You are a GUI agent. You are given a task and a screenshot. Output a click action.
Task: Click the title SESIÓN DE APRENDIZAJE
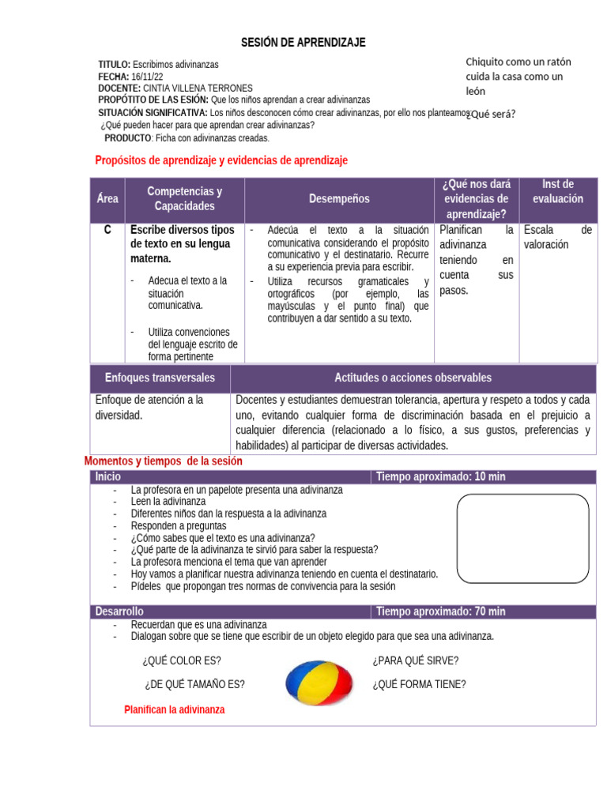[x=303, y=42]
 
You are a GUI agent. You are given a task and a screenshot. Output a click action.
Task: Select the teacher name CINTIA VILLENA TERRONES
[x=198, y=88]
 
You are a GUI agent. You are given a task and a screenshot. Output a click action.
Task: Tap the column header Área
[x=107, y=199]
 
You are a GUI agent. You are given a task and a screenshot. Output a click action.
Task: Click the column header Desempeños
[x=339, y=199]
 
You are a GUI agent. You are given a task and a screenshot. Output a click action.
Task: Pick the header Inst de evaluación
[x=558, y=191]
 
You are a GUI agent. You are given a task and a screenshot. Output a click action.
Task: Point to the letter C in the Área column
[x=107, y=230]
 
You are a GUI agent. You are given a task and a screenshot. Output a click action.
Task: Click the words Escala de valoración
[x=557, y=237]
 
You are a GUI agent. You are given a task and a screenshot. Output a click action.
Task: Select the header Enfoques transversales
[x=160, y=378]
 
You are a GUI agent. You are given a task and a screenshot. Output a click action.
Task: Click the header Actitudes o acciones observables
[x=413, y=378]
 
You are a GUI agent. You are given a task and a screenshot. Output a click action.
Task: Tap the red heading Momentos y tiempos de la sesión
[x=163, y=461]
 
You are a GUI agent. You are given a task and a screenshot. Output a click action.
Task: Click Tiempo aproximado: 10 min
[x=441, y=476]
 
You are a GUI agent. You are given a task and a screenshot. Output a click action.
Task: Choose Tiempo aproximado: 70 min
[x=441, y=611]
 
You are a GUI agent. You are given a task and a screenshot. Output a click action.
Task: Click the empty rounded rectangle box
[x=523, y=538]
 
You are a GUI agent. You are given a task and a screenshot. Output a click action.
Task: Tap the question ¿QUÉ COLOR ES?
[x=182, y=660]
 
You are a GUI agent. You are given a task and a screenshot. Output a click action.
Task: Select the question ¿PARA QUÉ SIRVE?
[x=415, y=660]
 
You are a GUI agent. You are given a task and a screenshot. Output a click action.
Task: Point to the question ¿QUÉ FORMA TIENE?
[x=419, y=684]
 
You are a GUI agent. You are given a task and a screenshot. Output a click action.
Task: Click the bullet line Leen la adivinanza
[x=168, y=502]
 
